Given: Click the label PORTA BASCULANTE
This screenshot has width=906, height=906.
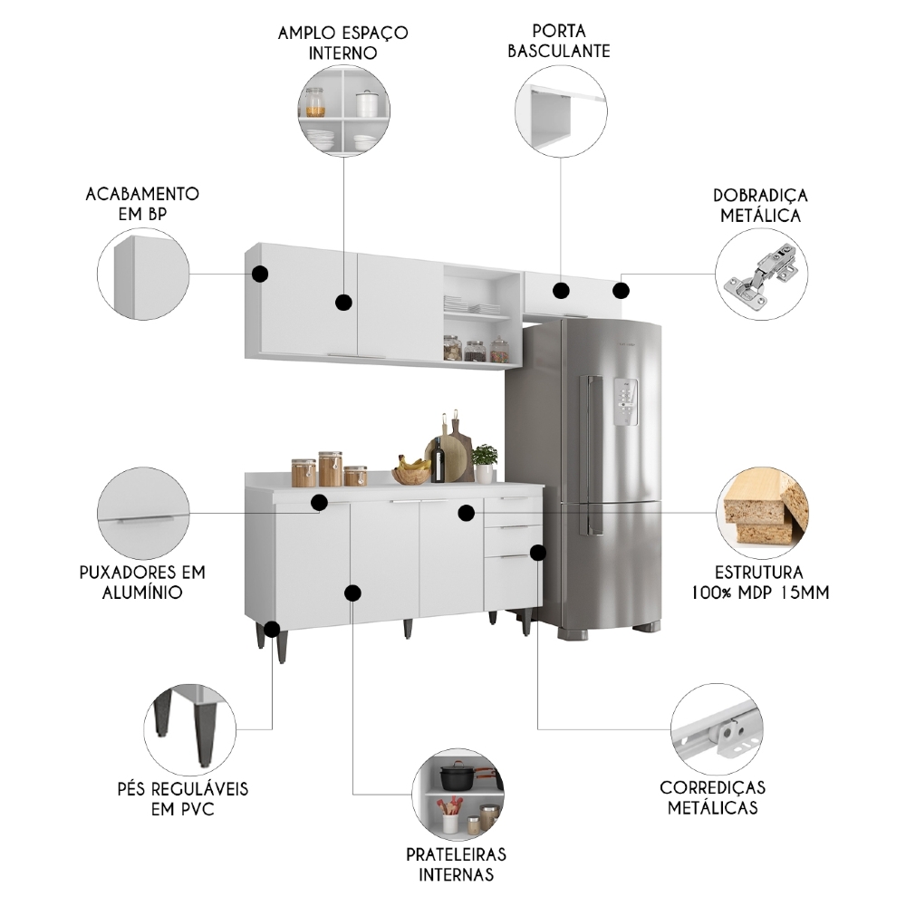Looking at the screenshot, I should click(x=558, y=41).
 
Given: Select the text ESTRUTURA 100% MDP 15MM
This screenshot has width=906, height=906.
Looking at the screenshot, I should click(x=759, y=583).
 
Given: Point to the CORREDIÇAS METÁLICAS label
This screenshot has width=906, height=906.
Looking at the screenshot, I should click(x=712, y=797).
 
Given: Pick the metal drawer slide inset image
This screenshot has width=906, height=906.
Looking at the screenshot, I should click(x=716, y=729).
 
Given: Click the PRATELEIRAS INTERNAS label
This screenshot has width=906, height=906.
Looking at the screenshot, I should click(x=457, y=864).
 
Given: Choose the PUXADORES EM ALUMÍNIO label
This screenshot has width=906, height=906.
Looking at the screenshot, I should click(x=142, y=583).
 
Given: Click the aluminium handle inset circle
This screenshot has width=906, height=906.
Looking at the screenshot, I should click(x=143, y=513).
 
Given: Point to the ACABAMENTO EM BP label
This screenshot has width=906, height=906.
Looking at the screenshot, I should click(x=142, y=204).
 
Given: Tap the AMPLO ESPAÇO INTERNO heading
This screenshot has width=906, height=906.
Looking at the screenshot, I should click(x=343, y=42).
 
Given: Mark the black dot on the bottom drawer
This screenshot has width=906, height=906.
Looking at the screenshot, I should click(x=538, y=552).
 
